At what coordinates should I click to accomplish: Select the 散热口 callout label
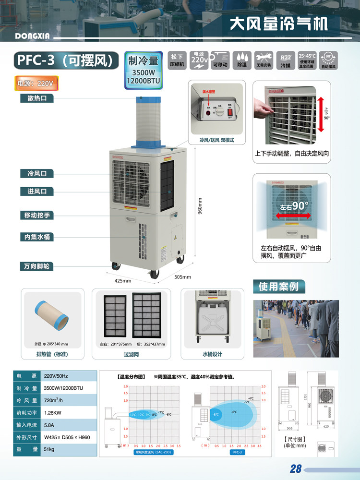pyautogui.click(x=36, y=99)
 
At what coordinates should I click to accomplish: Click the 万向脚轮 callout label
pyautogui.click(x=37, y=265)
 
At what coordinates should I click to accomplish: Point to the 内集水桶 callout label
pyautogui.click(x=36, y=237)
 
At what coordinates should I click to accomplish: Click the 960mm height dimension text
pyautogui.click(x=200, y=206)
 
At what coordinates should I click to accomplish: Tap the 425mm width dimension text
pyautogui.click(x=123, y=280)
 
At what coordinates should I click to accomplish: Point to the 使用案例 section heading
pyautogui.click(x=279, y=287)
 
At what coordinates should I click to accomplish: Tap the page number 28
pyautogui.click(x=295, y=469)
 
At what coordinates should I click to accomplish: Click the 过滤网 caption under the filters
pyautogui.click(x=132, y=354)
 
